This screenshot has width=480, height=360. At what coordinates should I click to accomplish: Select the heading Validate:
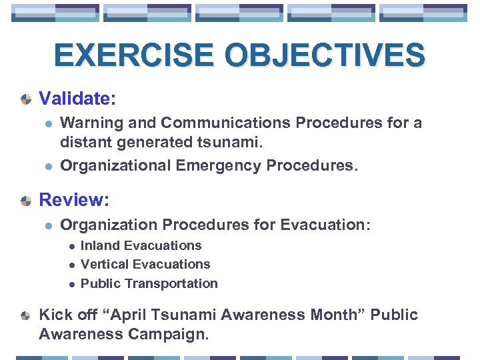click(78, 99)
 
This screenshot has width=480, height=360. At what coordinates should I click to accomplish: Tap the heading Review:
click(73, 199)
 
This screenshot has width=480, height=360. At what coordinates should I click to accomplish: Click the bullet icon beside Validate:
click(26, 99)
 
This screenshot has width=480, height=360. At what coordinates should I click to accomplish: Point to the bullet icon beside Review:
click(26, 200)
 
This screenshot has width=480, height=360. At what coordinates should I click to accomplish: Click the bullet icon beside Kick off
click(26, 315)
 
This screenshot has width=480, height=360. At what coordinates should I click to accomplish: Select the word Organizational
click(117, 165)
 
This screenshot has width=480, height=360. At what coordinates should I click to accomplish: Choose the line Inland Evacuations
click(141, 246)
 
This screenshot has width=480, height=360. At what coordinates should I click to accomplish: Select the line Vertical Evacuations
click(145, 265)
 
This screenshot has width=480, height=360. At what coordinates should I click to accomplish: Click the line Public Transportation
click(149, 283)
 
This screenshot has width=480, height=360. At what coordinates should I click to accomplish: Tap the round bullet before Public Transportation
click(71, 284)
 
